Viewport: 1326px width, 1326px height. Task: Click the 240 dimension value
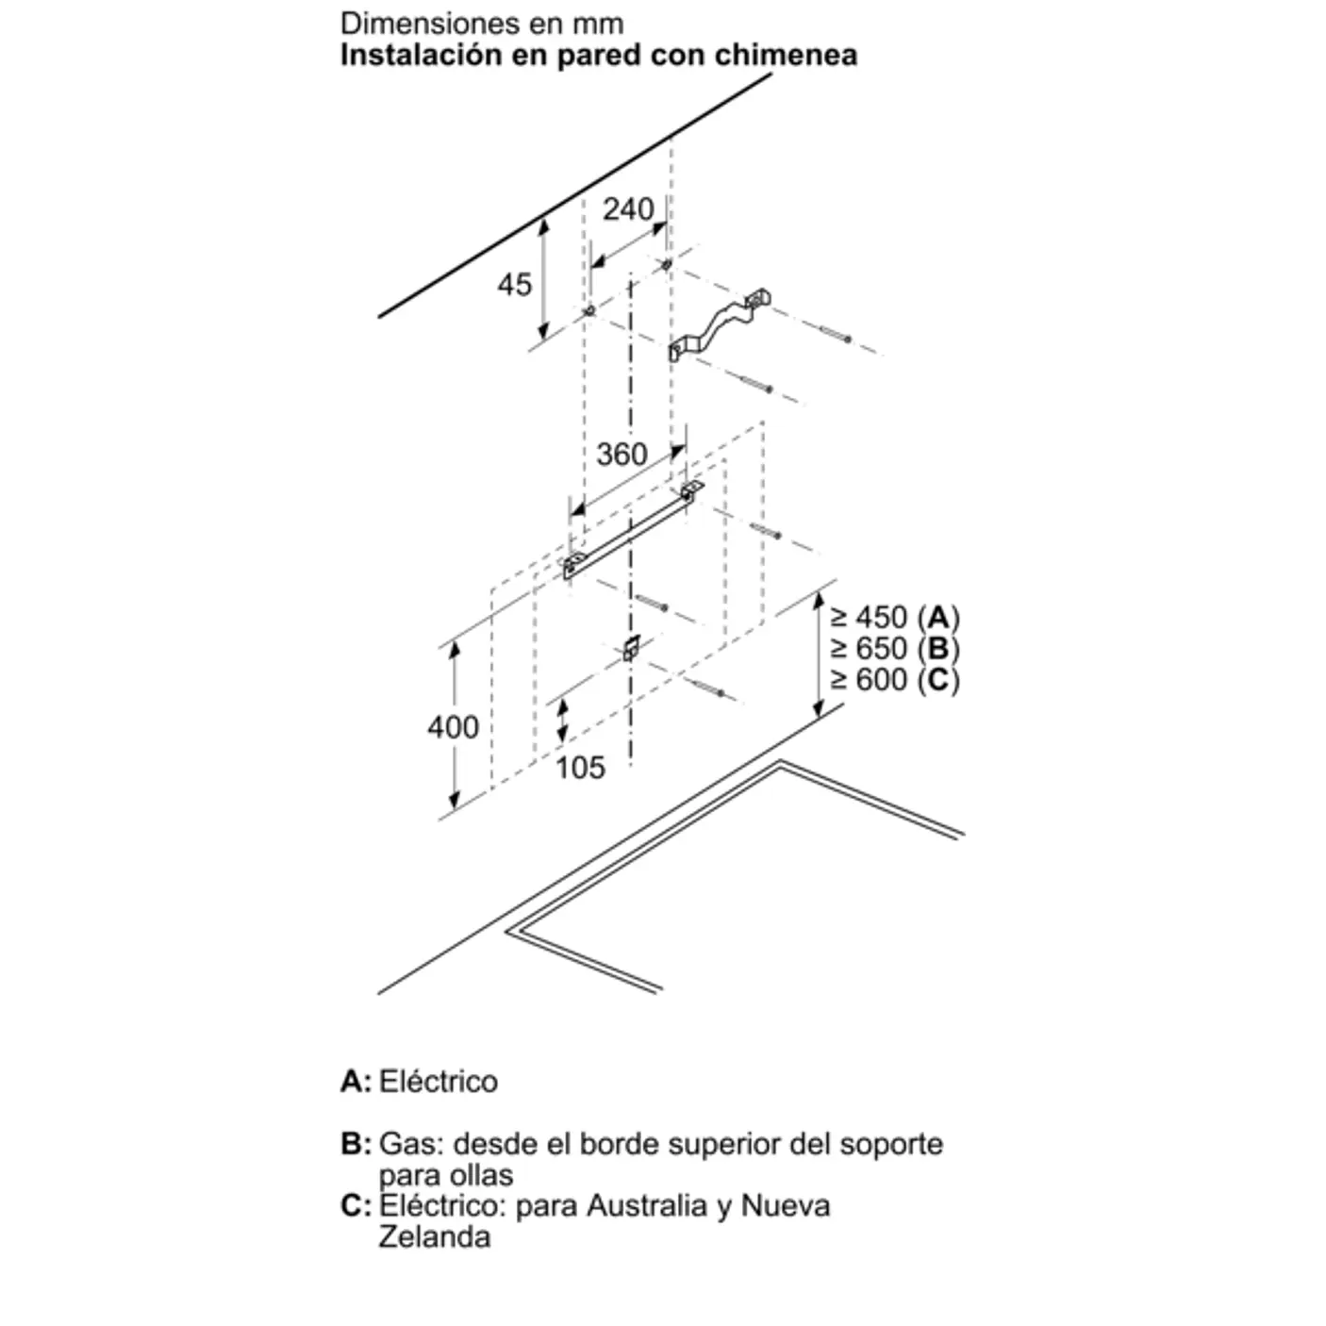628,209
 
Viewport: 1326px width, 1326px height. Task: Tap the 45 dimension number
515,284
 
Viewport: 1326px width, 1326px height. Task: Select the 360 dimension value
622,455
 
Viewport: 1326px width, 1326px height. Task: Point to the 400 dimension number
453,727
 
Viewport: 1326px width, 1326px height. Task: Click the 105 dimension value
580,768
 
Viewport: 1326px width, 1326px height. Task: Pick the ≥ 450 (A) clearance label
895,617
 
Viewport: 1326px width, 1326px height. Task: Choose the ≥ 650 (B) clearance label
895,648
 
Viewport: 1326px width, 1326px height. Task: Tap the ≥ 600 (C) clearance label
895,680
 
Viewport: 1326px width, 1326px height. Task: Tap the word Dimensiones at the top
429,25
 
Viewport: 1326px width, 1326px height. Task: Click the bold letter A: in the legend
356,1081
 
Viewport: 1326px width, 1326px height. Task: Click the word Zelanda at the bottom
434,1236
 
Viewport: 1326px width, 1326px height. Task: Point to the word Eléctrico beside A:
439,1081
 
